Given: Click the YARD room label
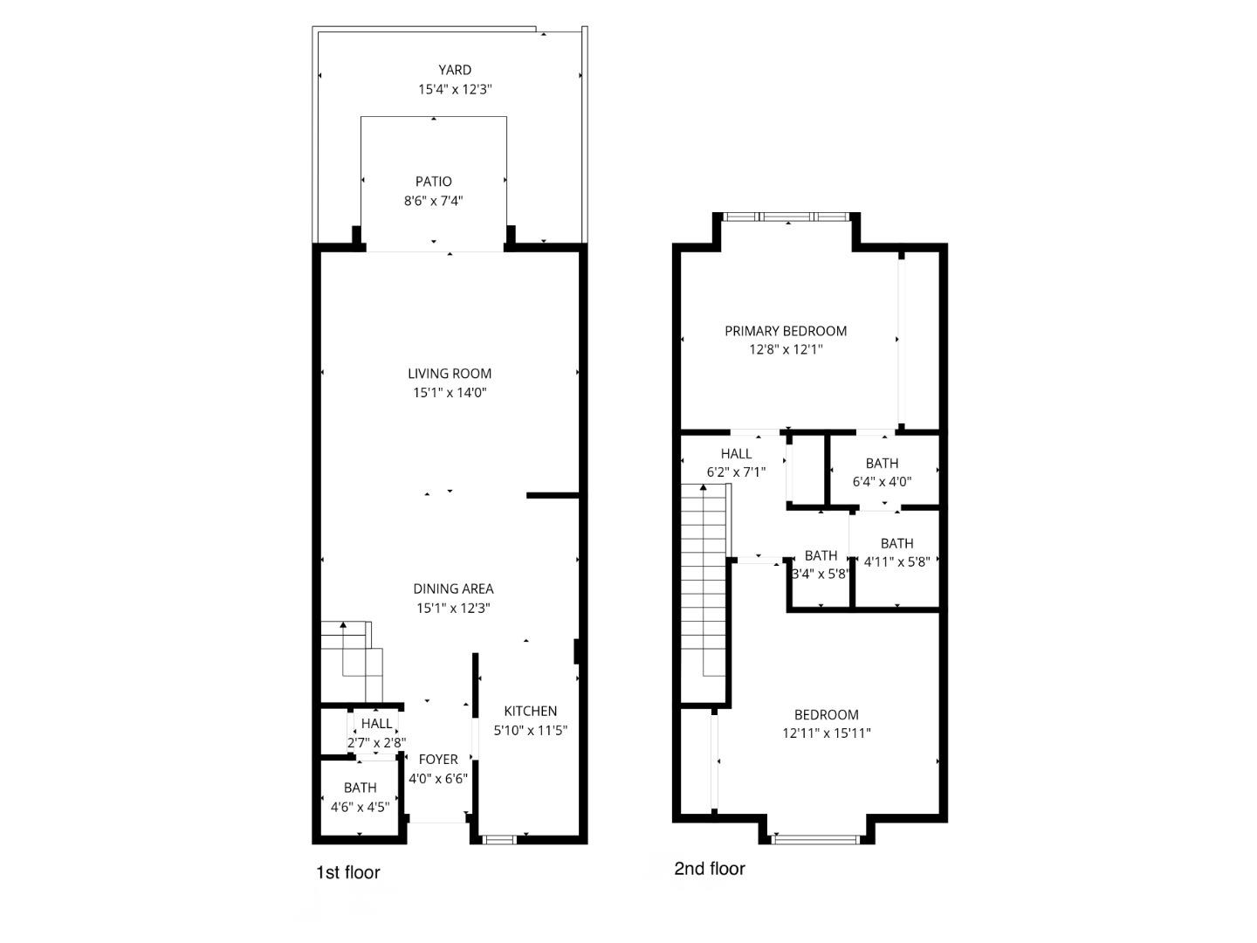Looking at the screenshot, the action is tap(455, 70).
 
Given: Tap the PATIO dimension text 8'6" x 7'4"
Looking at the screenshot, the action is tap(434, 201).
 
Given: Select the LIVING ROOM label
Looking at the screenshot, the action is tap(450, 374).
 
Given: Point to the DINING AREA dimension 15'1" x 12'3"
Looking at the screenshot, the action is tap(453, 608).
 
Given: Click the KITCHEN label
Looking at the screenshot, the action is tap(530, 711).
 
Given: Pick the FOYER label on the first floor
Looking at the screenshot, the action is tap(438, 760).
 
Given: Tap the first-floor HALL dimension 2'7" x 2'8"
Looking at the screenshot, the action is tap(376, 743).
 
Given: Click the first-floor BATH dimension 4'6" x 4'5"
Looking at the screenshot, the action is tap(361, 808).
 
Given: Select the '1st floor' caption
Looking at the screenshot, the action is tap(348, 872).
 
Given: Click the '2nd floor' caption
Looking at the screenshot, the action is tap(710, 869).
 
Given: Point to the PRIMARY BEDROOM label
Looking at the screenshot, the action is tap(786, 331).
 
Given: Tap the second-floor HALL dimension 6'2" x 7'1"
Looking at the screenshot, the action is tap(736, 472).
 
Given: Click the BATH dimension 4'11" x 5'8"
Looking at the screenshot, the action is tap(896, 561).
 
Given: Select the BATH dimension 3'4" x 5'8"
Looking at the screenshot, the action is tap(821, 574).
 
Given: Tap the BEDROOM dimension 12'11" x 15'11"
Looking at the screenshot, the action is tap(827, 733).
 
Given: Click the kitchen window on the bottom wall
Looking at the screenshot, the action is tap(498, 840).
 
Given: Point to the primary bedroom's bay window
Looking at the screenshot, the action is tap(786, 217).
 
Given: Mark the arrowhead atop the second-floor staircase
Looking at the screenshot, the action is tap(704, 488).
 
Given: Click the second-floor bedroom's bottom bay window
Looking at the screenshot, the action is tap(815, 840).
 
